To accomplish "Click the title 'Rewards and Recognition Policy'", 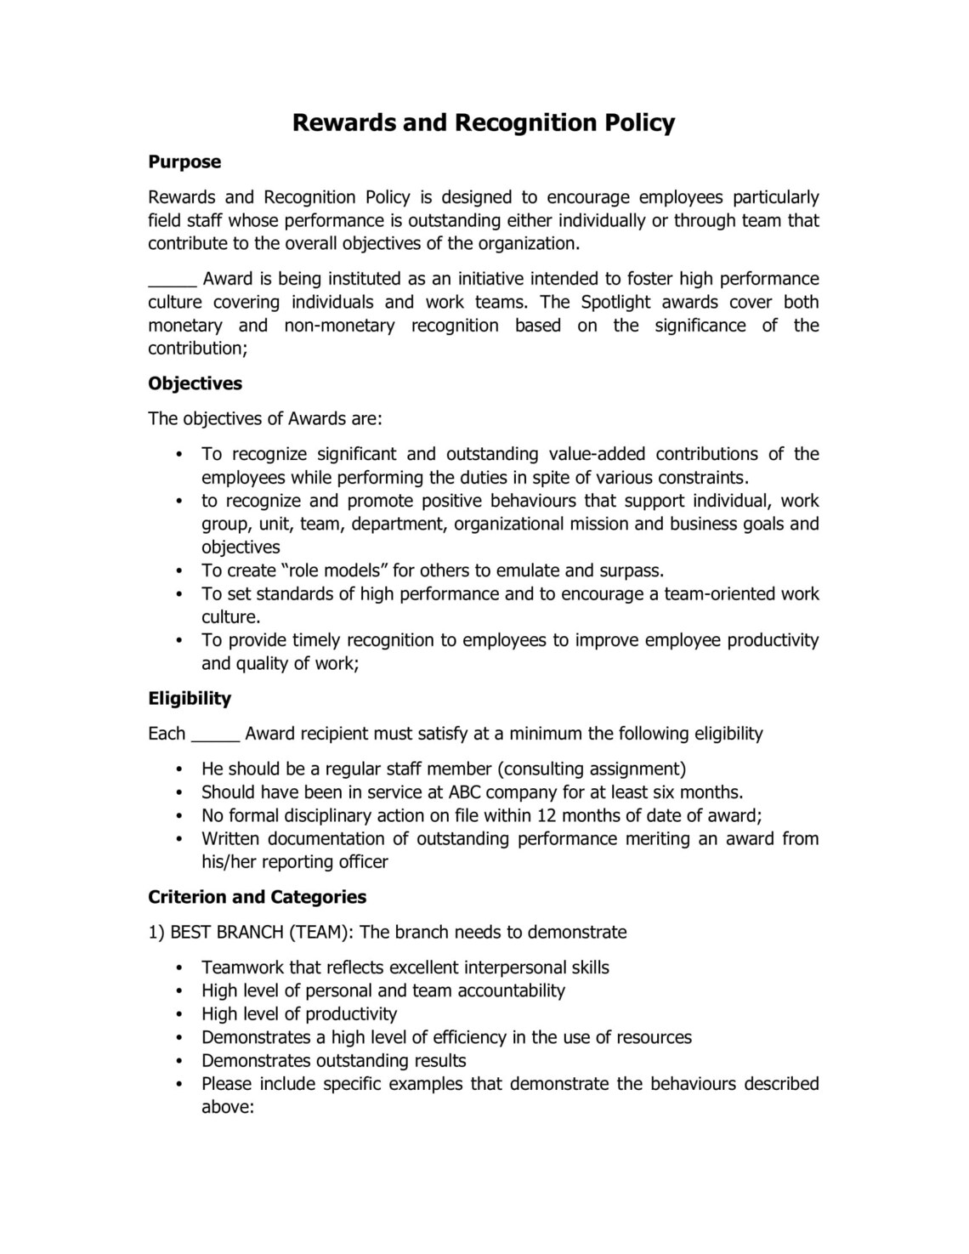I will (483, 122).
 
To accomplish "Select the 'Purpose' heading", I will (184, 162).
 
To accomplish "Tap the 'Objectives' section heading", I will (195, 383).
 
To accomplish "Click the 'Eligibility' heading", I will (190, 698).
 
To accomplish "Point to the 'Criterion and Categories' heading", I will (257, 897).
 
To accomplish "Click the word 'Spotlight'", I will (615, 302).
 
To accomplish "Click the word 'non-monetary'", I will (339, 326).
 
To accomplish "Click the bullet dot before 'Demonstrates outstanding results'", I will (179, 1061).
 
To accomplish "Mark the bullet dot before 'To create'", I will (179, 571).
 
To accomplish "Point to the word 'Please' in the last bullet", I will (226, 1084).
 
